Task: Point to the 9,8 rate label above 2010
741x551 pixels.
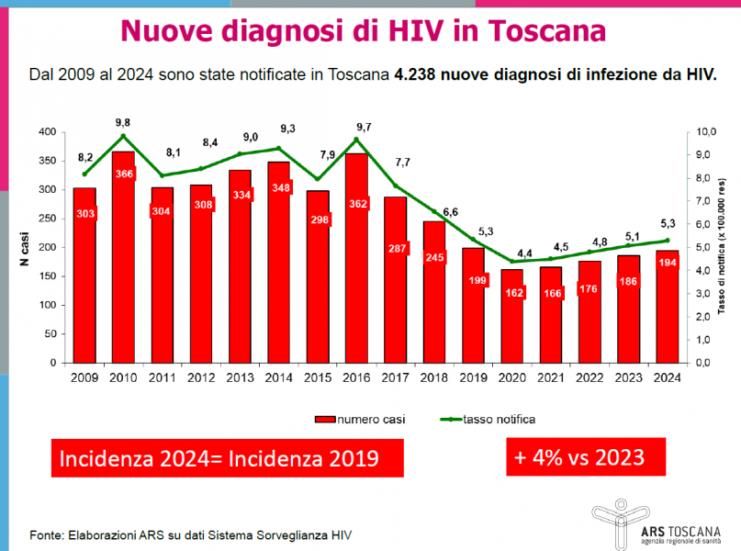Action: (x=122, y=122)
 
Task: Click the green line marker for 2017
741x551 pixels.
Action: (x=396, y=186)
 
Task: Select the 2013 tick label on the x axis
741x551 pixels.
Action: (x=241, y=377)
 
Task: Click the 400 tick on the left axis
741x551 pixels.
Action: (x=45, y=132)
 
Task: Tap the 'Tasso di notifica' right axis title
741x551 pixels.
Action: (x=722, y=248)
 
